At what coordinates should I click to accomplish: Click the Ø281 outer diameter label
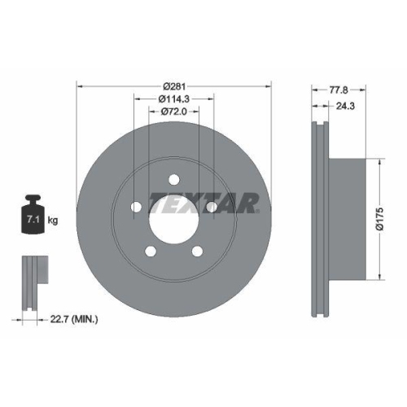tap(174, 86)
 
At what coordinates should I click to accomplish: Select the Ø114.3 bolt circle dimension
tap(174, 99)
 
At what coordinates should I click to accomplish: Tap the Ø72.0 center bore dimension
tap(174, 112)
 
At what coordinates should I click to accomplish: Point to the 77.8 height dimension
tap(339, 90)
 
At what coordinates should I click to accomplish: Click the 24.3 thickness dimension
tap(345, 106)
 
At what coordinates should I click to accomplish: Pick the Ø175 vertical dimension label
tap(380, 219)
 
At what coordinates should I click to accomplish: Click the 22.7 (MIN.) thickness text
tap(74, 319)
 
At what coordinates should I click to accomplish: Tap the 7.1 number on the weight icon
tap(33, 219)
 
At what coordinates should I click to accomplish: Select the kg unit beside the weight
tap(53, 220)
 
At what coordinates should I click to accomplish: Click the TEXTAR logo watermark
tap(204, 203)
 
